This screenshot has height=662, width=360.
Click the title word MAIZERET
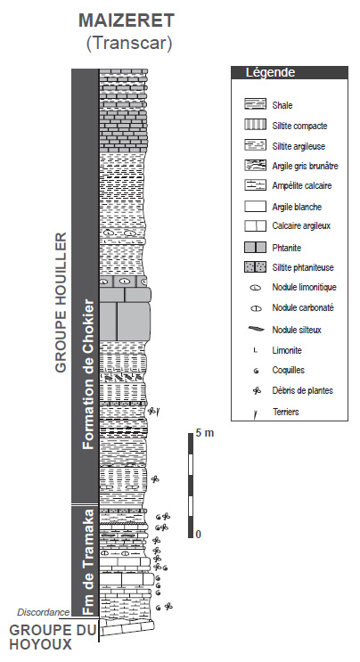127,20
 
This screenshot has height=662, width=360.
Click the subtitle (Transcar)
129,43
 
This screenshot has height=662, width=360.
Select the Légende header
271,73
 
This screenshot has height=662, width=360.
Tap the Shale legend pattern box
256,105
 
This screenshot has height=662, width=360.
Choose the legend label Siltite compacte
299,126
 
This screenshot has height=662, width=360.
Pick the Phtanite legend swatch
256,247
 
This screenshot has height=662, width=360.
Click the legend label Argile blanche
297,207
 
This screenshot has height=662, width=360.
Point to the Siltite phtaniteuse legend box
256,266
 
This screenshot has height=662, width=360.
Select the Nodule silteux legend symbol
256,329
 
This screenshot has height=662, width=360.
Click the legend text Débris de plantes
303,390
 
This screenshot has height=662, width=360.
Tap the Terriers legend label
286,412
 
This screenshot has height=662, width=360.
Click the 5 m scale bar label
205,433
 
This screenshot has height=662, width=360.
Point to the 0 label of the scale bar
199,534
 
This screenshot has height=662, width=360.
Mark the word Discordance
44,612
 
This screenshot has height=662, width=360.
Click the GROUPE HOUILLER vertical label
61,302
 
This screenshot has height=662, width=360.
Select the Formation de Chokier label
88,374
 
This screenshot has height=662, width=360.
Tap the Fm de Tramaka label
88,562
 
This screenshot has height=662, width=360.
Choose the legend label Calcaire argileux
301,226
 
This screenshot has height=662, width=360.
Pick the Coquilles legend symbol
256,372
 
